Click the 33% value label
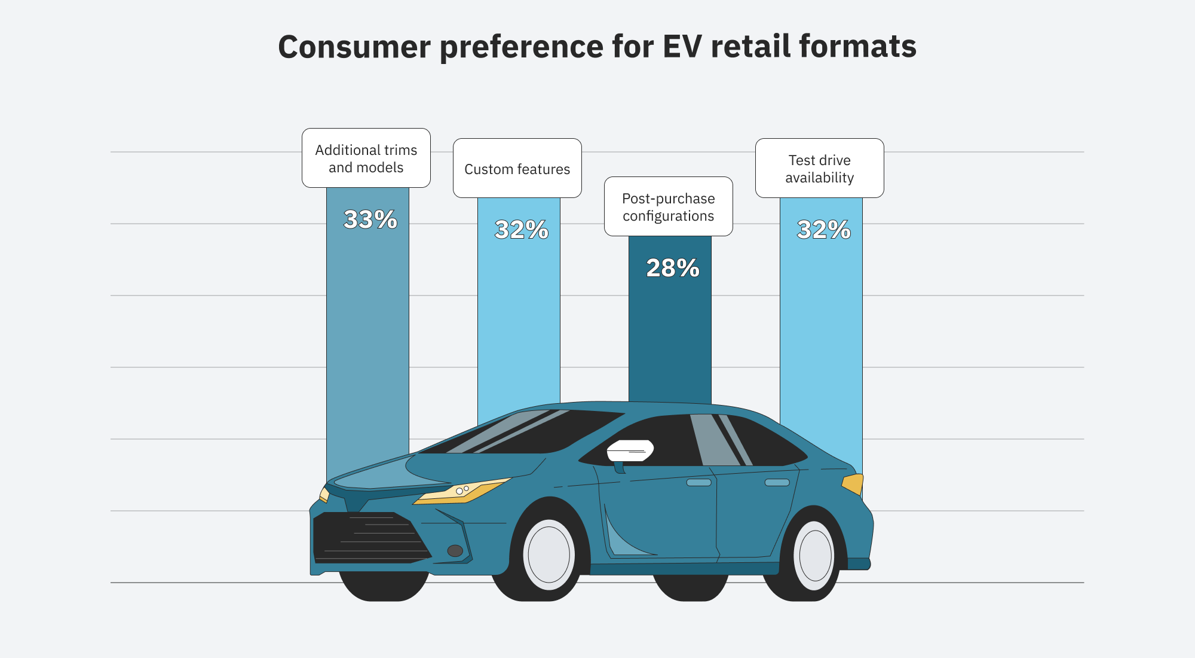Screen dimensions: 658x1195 click(370, 220)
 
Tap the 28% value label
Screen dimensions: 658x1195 click(672, 268)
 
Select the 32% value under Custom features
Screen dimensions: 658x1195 click(521, 230)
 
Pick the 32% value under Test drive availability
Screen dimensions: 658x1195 click(823, 230)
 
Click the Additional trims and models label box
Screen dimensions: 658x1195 click(366, 159)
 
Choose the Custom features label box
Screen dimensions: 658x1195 click(517, 169)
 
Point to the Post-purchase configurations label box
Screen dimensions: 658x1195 click(668, 207)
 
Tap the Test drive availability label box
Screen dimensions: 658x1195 click(819, 169)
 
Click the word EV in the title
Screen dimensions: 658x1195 click(682, 47)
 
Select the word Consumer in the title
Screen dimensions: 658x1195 click(354, 47)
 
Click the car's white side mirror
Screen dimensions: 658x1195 click(630, 450)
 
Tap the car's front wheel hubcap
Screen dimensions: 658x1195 click(549, 555)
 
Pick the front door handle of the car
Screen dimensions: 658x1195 click(698, 482)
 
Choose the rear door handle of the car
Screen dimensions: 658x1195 click(777, 482)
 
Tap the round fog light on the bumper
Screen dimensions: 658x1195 click(455, 550)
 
